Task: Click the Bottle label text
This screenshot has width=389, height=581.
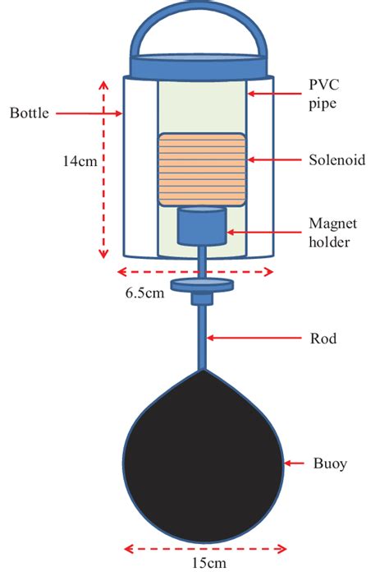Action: (29, 111)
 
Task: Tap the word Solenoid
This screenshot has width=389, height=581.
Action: (335, 160)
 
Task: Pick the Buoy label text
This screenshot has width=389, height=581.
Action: (331, 464)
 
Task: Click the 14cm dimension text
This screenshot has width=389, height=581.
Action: (76, 162)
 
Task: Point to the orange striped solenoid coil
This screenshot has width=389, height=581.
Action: (202, 169)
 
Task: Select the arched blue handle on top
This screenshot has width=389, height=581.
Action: (202, 33)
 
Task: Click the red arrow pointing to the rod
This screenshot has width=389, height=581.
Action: (249, 336)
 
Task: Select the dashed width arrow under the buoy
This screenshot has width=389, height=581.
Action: (204, 547)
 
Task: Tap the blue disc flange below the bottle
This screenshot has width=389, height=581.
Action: (202, 285)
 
